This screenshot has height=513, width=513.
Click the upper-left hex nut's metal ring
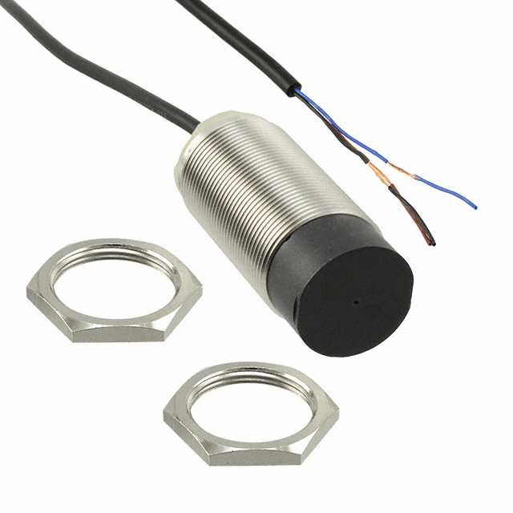click(112, 254)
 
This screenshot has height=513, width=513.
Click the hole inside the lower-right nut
click(249, 410)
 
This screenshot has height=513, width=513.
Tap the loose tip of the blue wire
click(475, 207)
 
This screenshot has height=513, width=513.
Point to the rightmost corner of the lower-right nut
click(338, 422)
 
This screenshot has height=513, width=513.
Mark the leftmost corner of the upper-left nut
click(26, 295)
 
